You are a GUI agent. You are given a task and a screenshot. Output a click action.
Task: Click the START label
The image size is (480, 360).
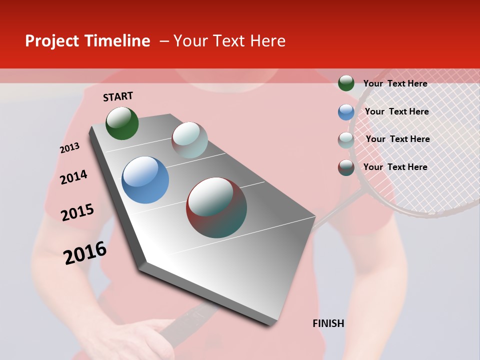(x=118, y=96)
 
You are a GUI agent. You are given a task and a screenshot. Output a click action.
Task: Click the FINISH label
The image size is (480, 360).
(x=328, y=323)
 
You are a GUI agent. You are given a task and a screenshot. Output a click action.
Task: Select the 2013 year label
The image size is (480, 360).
(x=69, y=148)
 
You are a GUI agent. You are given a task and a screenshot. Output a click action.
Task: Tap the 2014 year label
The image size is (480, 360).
(x=73, y=177)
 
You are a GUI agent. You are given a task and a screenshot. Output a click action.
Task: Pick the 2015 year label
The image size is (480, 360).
(x=77, y=212)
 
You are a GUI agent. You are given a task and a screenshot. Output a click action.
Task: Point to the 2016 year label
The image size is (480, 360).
(x=85, y=253)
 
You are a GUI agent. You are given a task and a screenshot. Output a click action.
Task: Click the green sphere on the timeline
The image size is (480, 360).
(x=122, y=123)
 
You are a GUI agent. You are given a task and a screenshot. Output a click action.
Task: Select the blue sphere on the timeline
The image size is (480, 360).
(x=145, y=180)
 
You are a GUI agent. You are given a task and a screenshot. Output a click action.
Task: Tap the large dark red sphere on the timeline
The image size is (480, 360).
(x=216, y=207)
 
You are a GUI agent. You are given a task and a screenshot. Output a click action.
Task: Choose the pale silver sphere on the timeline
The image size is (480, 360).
(x=189, y=140)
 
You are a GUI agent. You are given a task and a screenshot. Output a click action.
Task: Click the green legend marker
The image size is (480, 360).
(x=346, y=83)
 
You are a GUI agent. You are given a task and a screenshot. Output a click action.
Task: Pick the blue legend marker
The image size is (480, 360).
(x=346, y=112)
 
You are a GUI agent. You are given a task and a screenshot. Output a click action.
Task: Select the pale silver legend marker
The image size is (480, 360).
(x=346, y=140)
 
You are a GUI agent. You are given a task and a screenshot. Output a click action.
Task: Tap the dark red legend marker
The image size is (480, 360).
(x=346, y=167)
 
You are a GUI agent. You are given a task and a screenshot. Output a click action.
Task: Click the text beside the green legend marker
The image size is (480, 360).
(x=395, y=83)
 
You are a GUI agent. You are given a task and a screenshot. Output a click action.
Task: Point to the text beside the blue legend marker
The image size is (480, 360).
(x=396, y=111)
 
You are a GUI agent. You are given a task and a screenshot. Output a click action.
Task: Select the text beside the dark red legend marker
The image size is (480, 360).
(x=395, y=167)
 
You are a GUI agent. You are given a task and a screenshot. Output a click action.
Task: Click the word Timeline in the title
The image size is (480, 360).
(x=117, y=41)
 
